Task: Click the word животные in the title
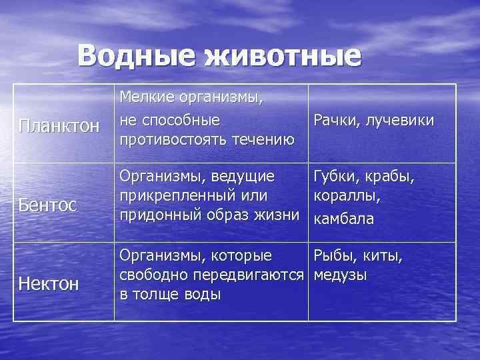[x=283, y=56]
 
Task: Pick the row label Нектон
[x=49, y=284]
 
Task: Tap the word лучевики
[x=399, y=120]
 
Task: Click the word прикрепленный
[x=170, y=196]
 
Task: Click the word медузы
[x=340, y=275]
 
